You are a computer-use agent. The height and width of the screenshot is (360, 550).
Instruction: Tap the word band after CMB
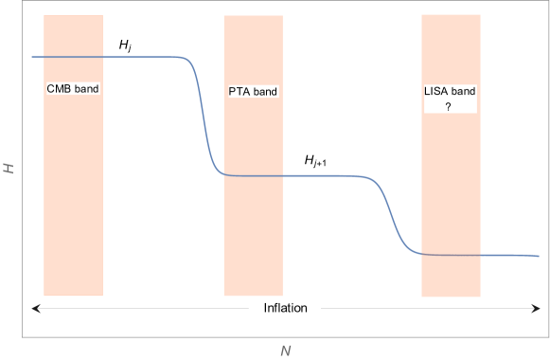(86, 89)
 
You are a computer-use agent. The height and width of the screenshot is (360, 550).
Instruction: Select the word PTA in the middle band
(240, 92)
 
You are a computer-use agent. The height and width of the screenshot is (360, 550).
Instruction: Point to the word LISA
(436, 92)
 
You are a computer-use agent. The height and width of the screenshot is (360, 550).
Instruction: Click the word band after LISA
(463, 92)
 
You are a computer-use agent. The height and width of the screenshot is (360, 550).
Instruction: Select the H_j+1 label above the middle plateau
(316, 162)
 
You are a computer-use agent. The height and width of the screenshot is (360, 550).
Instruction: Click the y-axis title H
(9, 168)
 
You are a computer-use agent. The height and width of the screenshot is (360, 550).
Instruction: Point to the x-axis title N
(285, 351)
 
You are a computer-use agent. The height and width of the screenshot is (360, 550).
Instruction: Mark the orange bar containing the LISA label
(451, 189)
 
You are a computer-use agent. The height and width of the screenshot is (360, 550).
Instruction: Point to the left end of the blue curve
(33, 57)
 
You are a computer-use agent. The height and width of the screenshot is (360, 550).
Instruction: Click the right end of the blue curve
(539, 256)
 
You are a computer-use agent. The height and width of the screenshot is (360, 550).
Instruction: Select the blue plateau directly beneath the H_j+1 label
(317, 176)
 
